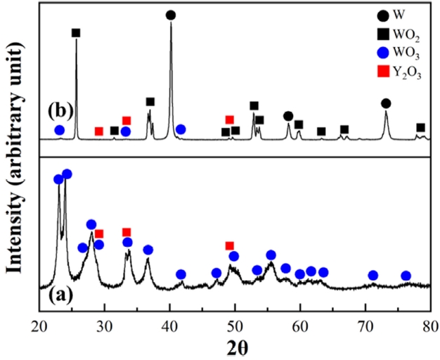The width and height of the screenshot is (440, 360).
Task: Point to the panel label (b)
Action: click(x=61, y=112)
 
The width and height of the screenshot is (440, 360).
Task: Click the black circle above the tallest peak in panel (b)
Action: click(x=170, y=15)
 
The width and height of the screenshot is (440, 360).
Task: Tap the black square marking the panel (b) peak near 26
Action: click(x=76, y=33)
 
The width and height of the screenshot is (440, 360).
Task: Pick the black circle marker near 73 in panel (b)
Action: click(x=385, y=103)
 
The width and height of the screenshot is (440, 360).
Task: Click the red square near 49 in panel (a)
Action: click(x=229, y=245)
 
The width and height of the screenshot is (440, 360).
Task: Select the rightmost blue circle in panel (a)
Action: click(x=406, y=276)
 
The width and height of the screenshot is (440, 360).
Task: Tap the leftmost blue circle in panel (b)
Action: click(x=60, y=130)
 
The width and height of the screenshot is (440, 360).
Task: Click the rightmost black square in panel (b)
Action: click(x=420, y=127)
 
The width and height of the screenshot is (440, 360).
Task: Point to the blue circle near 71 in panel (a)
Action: click(x=373, y=276)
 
